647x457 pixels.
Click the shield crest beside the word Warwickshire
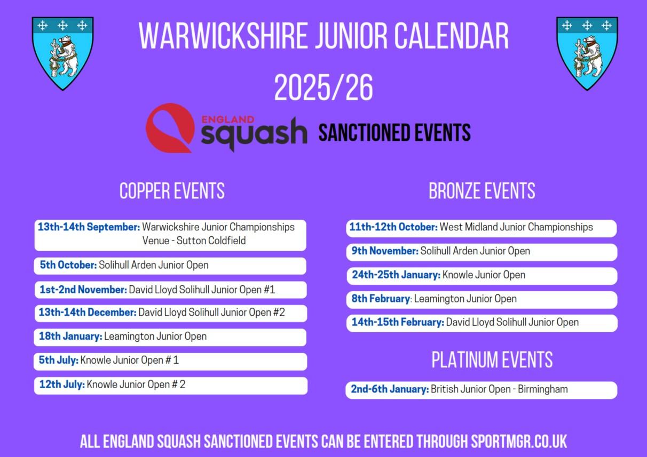coord(62,53)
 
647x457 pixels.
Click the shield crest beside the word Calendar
coord(587,53)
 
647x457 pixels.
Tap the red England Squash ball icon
coord(170,128)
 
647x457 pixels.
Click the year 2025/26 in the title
coord(323,87)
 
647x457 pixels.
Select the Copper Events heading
coord(172,191)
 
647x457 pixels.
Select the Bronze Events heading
coord(482,191)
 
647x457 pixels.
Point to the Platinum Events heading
coord(492,360)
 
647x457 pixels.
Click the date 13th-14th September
coord(89,227)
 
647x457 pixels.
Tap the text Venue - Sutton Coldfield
coord(194,240)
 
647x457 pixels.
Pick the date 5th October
coord(68,265)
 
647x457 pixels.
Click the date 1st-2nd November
coord(83,290)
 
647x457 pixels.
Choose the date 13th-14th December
coord(88,312)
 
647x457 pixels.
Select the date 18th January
coord(70,336)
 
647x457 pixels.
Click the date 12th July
coord(62,384)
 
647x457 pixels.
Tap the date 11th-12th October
coord(393,227)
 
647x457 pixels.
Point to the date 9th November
coord(385,251)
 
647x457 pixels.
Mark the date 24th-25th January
coord(396,275)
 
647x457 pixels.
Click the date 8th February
coord(381,299)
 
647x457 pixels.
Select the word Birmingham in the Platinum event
coord(543,389)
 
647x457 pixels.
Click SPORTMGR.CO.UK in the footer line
coord(519,442)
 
